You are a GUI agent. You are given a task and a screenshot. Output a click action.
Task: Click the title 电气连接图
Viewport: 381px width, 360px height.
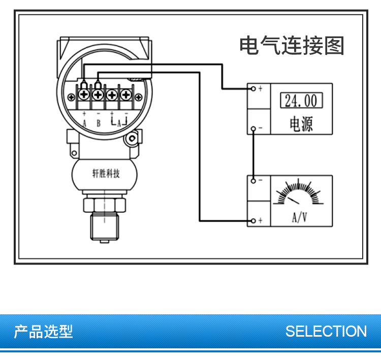coord(292,46)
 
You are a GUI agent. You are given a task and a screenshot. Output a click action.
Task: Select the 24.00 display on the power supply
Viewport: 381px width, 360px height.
coord(301,101)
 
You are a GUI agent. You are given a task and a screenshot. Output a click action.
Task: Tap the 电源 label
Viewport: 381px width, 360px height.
coord(301,123)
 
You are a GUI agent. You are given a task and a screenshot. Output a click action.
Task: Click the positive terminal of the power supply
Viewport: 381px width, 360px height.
coord(253,89)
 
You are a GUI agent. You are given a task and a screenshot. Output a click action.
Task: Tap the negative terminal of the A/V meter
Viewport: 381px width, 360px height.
coord(253,180)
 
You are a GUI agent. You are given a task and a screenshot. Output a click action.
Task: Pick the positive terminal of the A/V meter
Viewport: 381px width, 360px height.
coord(253,220)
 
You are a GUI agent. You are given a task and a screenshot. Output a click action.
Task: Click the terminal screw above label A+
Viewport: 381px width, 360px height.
coord(84,94)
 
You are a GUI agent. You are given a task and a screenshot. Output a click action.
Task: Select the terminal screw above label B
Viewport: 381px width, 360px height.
coord(98,94)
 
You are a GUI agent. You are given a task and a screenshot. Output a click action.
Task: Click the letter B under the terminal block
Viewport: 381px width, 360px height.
coord(99,123)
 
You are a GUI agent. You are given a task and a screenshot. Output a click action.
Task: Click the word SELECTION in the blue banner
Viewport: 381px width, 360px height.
coord(326,332)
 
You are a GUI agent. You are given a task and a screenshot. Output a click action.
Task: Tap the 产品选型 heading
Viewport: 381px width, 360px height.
coord(44,332)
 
